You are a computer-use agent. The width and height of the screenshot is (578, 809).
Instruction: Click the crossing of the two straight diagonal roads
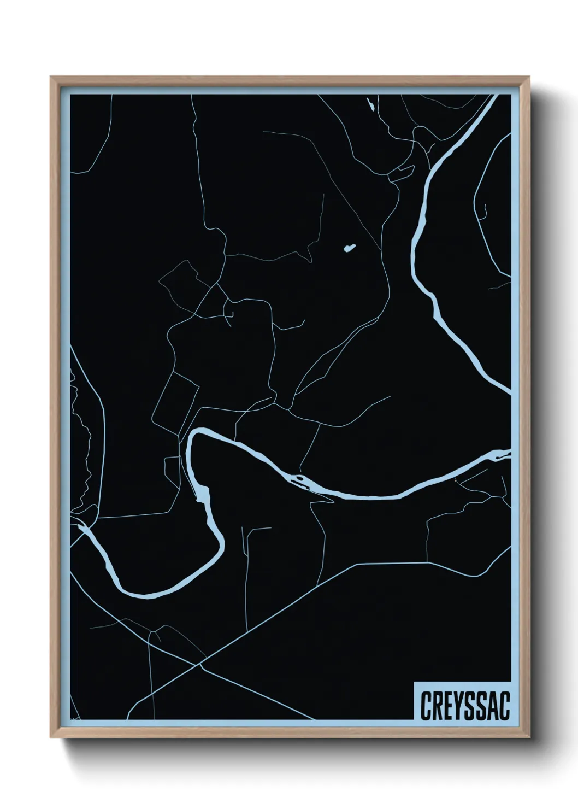click(x=200, y=665)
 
